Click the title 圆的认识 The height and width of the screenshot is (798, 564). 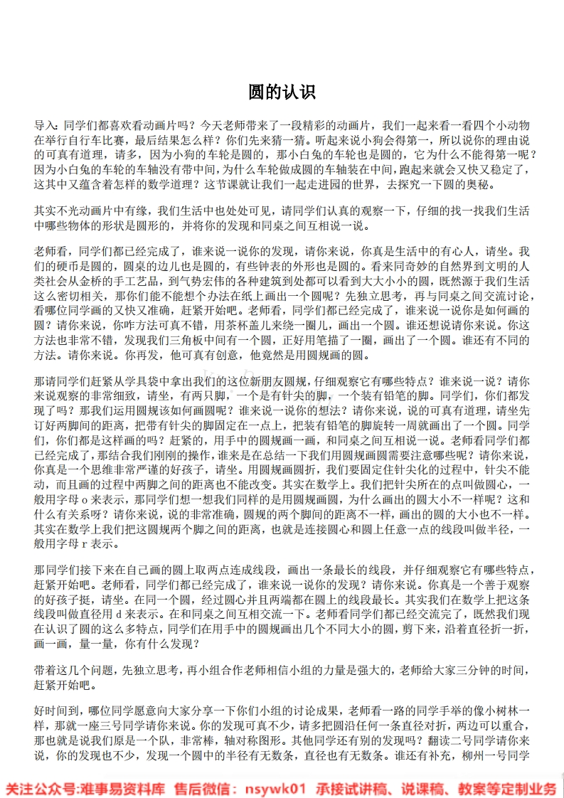[282, 92]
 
